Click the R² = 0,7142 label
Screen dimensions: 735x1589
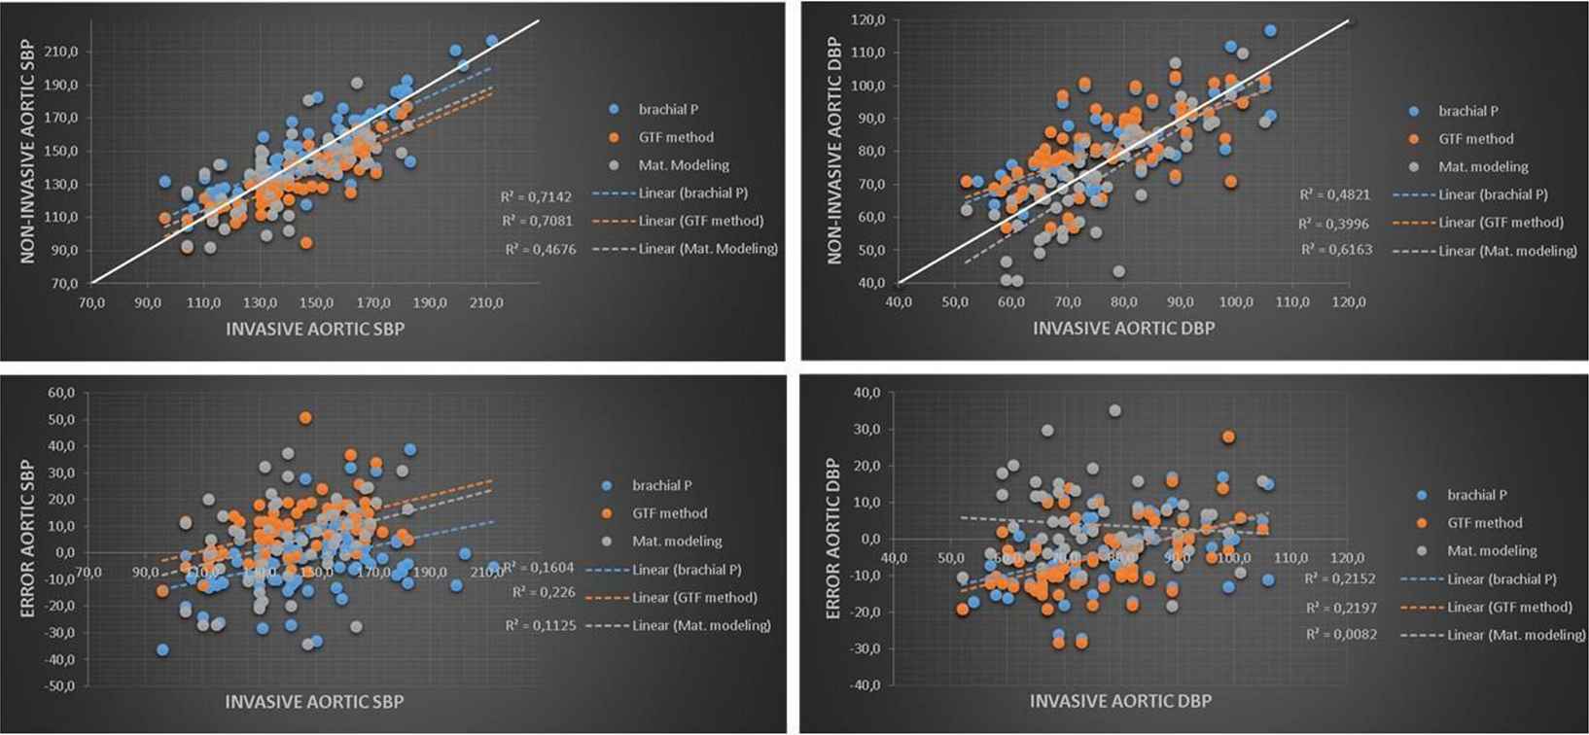click(x=536, y=196)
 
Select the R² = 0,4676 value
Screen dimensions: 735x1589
click(x=540, y=250)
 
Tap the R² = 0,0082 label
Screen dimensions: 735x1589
click(x=1336, y=635)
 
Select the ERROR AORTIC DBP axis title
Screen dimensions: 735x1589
click(x=832, y=539)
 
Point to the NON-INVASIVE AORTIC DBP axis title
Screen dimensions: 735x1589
click(x=834, y=151)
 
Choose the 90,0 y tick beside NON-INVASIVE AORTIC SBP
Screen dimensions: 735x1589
click(x=63, y=250)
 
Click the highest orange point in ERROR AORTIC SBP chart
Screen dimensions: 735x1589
click(x=305, y=418)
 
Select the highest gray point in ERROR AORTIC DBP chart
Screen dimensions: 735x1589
click(x=1114, y=411)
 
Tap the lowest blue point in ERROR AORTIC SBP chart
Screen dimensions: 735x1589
click(x=162, y=649)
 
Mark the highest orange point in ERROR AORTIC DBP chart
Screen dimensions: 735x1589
click(x=1228, y=437)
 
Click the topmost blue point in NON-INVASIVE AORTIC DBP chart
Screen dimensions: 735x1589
click(x=1270, y=31)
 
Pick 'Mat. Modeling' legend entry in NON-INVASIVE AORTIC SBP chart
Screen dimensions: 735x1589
click(x=684, y=165)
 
